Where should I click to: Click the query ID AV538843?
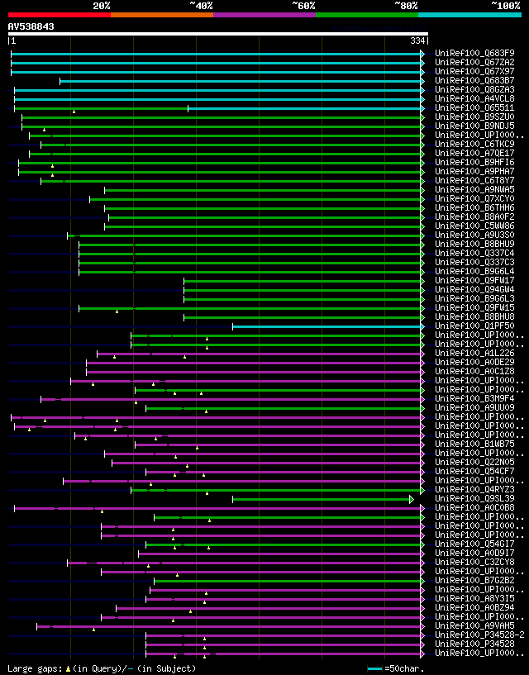tap(31, 26)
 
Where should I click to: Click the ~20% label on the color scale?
tap(102, 5)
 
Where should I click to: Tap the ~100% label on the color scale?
tap(505, 5)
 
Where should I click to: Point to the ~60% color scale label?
tap(303, 5)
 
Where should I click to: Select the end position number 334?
tap(417, 40)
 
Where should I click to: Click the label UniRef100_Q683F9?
tap(474, 53)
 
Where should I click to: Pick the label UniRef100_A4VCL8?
tap(474, 98)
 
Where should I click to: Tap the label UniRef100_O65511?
tap(474, 107)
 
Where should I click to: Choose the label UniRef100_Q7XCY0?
tap(474, 198)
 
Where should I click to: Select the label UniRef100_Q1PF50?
tap(474, 326)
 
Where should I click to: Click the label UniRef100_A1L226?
tap(474, 353)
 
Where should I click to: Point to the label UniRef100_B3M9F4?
tap(474, 398)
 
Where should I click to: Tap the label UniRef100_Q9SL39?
tap(474, 498)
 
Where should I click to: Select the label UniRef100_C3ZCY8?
tap(474, 562)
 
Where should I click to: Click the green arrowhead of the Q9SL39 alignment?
tap(412, 499)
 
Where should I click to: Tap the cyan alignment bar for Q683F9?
tap(215, 54)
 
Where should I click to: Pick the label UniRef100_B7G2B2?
tap(474, 580)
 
